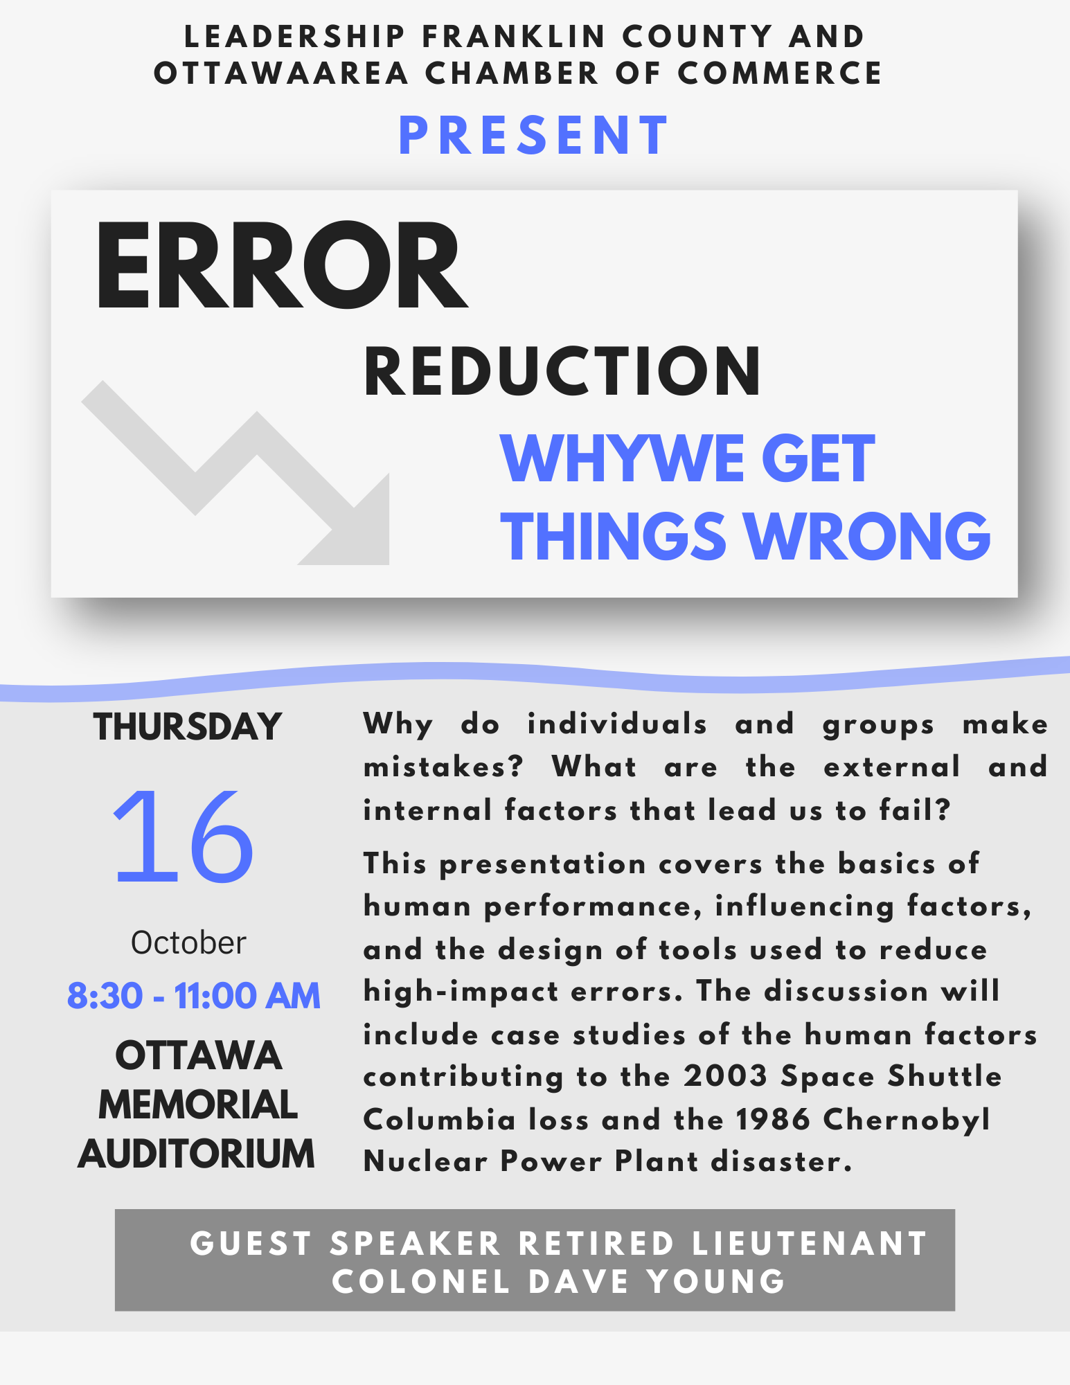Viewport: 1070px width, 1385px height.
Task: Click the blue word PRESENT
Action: [x=534, y=136]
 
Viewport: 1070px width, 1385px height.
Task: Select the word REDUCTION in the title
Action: [x=562, y=372]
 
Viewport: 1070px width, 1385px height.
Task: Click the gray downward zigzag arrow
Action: [x=235, y=473]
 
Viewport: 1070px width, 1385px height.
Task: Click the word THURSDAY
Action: [x=188, y=727]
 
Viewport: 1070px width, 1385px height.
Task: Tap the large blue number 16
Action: [x=184, y=837]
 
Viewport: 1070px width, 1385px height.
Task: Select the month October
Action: [x=188, y=943]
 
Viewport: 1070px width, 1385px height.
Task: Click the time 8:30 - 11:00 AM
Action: [x=194, y=996]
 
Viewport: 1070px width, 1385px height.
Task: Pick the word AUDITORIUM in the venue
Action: [x=197, y=1154]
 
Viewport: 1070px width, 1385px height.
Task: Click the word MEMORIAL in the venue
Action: [x=198, y=1105]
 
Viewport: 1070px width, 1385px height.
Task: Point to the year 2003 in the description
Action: [x=726, y=1076]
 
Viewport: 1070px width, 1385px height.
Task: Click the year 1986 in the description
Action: [x=773, y=1119]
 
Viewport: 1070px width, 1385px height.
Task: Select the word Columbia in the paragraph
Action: [x=440, y=1119]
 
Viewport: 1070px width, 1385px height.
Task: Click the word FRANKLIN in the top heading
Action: [x=514, y=37]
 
